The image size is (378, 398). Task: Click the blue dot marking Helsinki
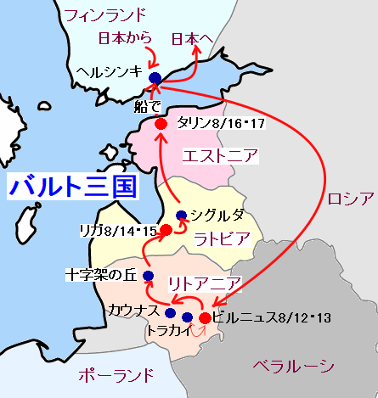pos(155,78)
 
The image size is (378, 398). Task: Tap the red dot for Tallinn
pos(161,124)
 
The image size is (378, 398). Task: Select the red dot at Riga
pos(166,229)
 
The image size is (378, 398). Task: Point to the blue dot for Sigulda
pos(180,215)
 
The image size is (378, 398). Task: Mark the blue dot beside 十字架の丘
pos(148,276)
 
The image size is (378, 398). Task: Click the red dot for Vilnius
pos(205,318)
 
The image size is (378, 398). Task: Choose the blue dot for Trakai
pos(187,318)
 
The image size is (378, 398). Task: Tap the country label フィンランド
pos(105,14)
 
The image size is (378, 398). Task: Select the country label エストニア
pos(221,156)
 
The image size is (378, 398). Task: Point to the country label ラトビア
pos(223,238)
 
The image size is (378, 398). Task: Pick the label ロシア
pos(349,199)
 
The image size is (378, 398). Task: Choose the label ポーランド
pos(116,374)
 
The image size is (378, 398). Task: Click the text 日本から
pos(126,38)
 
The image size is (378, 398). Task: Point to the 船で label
pos(147,107)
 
